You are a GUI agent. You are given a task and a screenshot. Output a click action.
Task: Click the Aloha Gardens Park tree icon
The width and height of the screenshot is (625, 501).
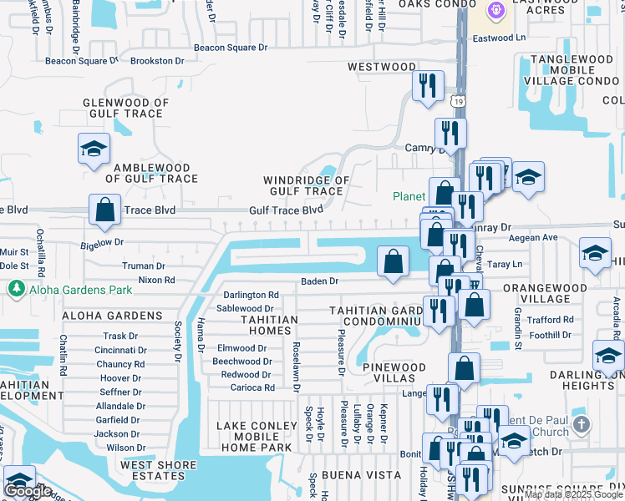15,288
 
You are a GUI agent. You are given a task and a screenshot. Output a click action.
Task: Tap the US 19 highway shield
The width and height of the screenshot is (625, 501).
459,101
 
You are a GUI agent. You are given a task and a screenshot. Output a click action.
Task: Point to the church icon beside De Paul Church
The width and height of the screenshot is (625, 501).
582,425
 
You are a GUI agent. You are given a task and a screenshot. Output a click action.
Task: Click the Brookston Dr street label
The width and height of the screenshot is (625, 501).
157,61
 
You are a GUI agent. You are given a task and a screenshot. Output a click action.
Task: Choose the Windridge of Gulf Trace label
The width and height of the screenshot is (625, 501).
306,185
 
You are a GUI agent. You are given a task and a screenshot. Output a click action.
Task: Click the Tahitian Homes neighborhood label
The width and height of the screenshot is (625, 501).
269,325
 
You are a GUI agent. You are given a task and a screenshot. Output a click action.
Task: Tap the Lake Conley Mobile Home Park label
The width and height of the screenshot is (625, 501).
257,437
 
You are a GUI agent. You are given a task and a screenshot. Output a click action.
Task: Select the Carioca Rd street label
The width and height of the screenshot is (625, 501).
247,387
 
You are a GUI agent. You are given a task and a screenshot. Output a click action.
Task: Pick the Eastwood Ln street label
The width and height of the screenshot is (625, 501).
499,38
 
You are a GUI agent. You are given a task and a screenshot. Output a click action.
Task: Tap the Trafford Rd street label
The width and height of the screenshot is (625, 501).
551,320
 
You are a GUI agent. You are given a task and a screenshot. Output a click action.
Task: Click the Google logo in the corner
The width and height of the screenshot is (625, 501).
28,491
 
